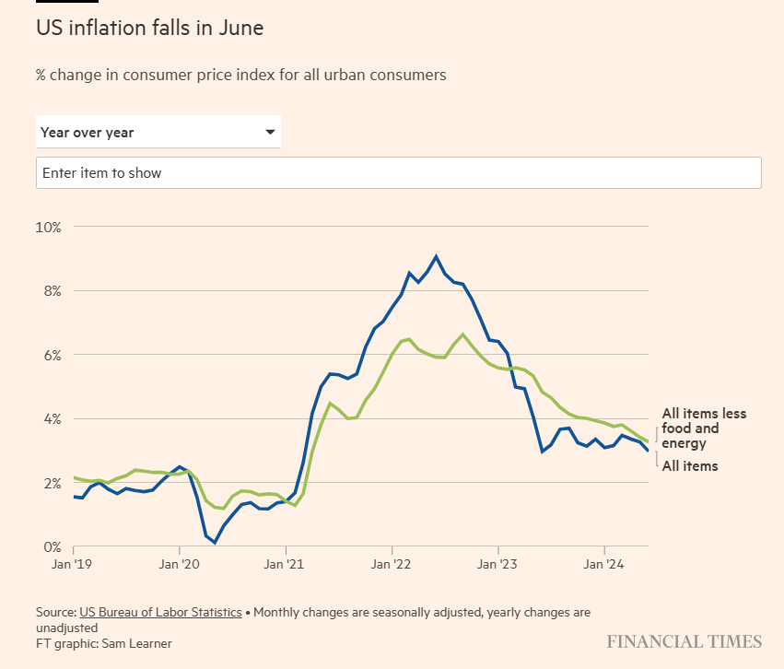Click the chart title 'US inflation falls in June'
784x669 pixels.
pos(149,29)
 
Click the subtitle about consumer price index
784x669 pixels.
pos(240,75)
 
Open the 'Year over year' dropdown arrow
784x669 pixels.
pos(270,132)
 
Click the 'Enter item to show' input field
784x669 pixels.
pos(398,173)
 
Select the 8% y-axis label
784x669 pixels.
pos(50,291)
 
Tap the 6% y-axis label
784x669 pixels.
pos(50,355)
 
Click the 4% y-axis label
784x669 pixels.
pos(50,419)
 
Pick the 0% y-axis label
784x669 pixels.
pos(50,547)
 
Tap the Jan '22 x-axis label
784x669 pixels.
pos(393,564)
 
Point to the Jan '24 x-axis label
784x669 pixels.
pos(603,564)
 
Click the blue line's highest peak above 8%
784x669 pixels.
pos(436,256)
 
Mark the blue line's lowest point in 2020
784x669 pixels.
pos(214,543)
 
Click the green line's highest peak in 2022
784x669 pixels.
pos(462,334)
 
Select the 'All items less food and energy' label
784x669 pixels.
pos(703,428)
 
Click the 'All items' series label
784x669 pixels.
pos(689,466)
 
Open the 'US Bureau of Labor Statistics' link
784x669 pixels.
pos(160,612)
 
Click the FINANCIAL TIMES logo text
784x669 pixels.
pos(684,641)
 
